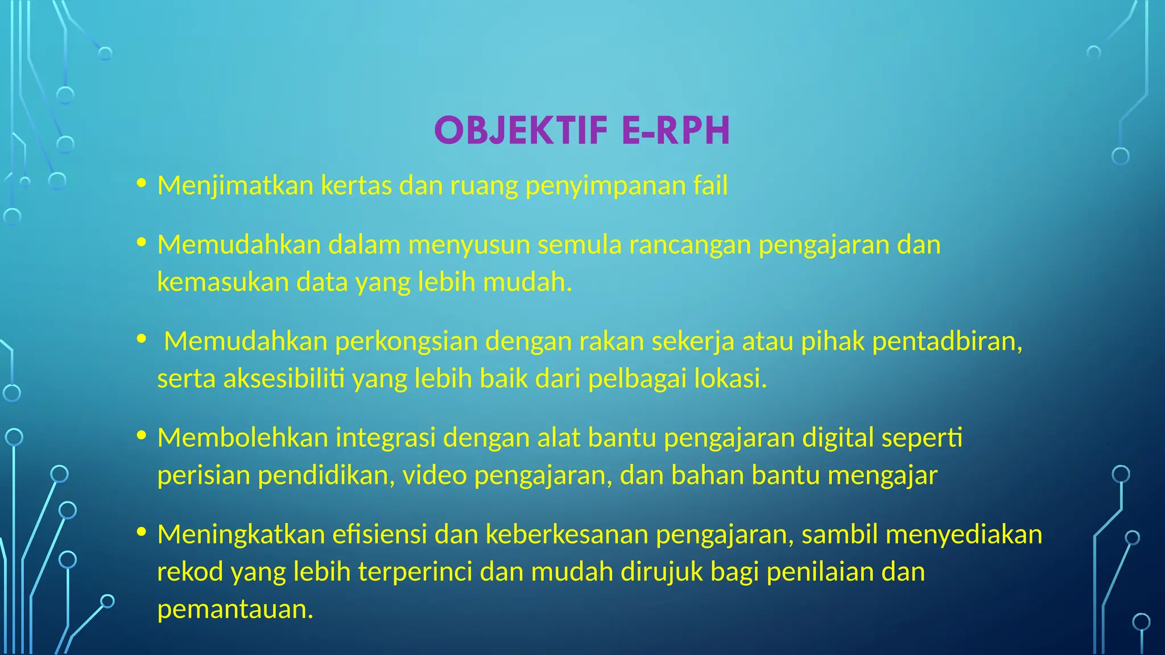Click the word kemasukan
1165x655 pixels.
[223, 282]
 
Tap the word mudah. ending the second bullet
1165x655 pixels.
[527, 282]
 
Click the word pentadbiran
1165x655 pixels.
[947, 342]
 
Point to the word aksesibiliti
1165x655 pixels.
[284, 379]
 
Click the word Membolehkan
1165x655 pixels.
[242, 438]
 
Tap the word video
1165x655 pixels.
[435, 475]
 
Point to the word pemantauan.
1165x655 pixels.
[235, 610]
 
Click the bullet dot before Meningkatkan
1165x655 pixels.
[142, 532]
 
